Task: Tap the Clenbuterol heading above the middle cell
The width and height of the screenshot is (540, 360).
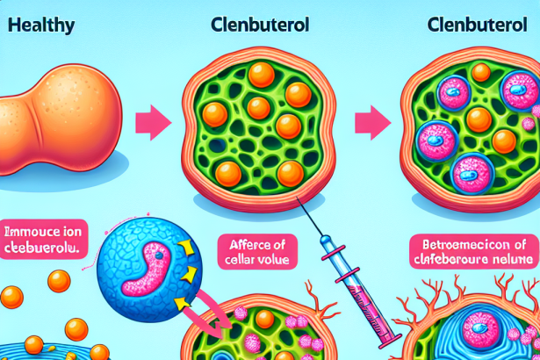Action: pos(261,25)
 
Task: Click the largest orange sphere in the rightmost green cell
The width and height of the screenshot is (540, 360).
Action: pos(479,120)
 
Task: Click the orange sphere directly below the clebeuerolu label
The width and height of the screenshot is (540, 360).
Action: pos(59,281)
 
